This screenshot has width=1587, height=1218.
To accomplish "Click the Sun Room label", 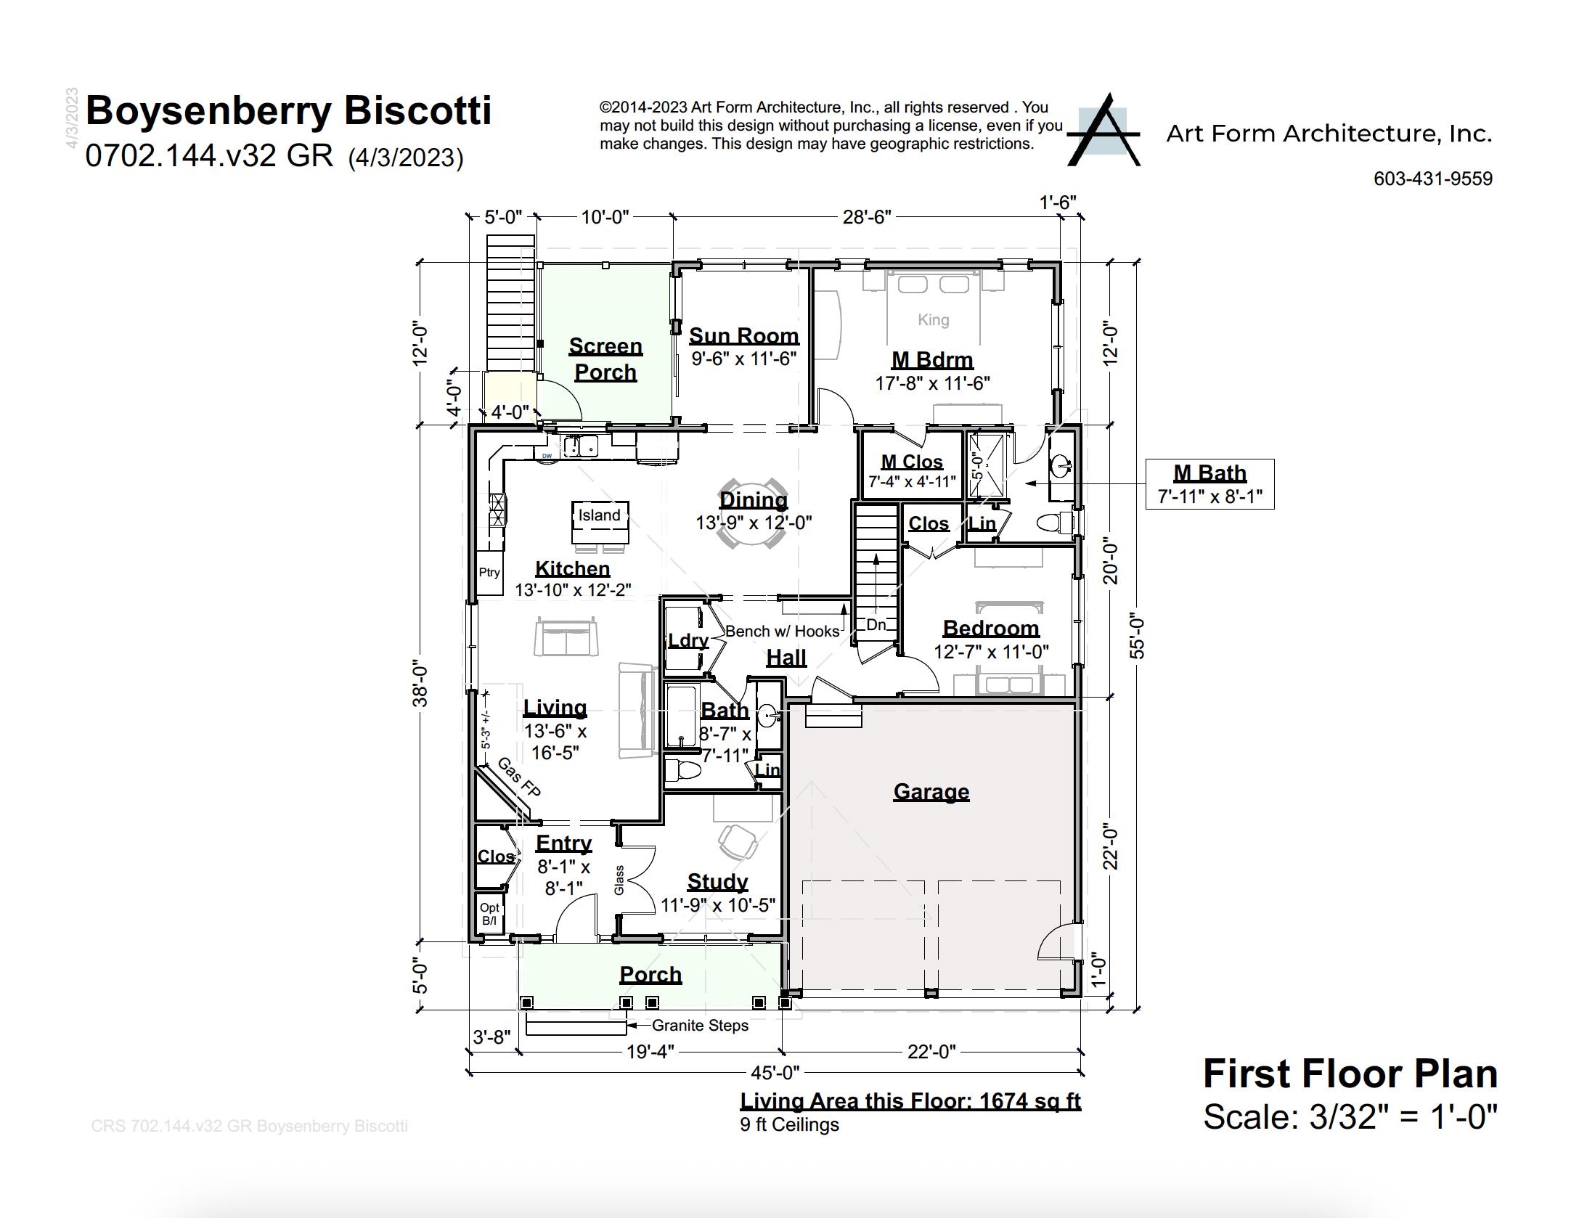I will click(x=743, y=336).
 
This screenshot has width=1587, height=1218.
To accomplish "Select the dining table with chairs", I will click(x=752, y=514).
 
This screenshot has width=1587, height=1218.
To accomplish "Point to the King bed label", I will click(x=933, y=320).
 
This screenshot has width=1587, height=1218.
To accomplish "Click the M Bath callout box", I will click(x=1209, y=483).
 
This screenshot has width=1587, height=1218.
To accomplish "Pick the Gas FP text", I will click(x=519, y=777).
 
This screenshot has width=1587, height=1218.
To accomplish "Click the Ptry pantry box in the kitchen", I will click(x=489, y=573).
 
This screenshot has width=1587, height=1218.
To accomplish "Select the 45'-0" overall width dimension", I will click(x=775, y=1072).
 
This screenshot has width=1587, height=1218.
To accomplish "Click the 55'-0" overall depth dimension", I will click(x=1137, y=638).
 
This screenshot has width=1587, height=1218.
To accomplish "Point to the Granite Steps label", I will click(x=699, y=1026).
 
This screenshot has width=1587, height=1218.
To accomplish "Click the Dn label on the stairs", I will click(x=876, y=624).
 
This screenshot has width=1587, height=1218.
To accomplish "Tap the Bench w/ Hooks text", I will click(x=782, y=632).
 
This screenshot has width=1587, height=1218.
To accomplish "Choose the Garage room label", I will click(x=931, y=792).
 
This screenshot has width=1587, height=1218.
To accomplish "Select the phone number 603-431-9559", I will click(x=1432, y=179).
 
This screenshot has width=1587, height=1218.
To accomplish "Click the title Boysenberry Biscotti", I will click(x=288, y=111).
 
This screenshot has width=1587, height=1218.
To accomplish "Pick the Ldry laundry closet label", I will click(x=688, y=640).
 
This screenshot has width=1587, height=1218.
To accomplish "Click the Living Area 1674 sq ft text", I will click(x=910, y=1101).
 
